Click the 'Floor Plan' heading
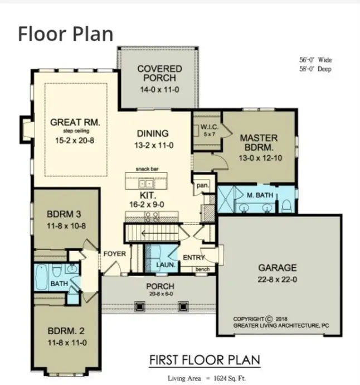(66, 33)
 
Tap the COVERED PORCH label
(160, 73)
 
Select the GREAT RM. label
(71, 122)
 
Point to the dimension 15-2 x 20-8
(71, 141)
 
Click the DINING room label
(152, 133)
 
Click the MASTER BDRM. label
(259, 142)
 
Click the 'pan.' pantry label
(201, 185)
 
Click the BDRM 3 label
(65, 215)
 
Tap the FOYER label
(115, 254)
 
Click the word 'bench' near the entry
(202, 269)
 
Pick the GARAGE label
(277, 267)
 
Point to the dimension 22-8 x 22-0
(277, 279)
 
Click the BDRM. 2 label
(65, 333)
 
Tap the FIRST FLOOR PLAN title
(205, 360)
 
